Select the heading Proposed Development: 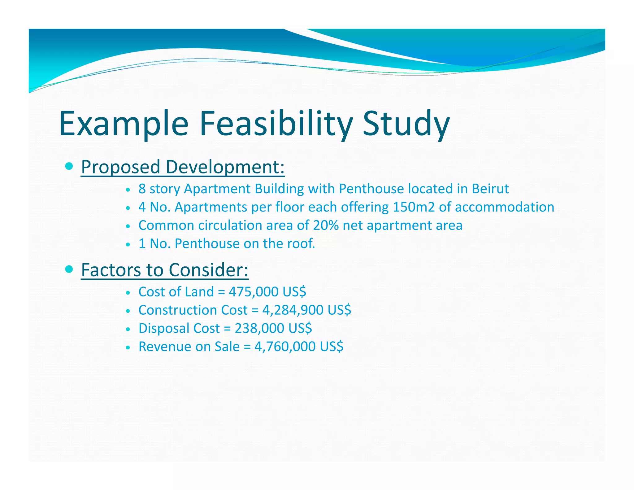coord(183,167)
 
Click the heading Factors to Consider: coord(164,270)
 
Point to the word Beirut coord(490,189)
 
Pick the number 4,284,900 coord(293,310)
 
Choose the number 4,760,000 coord(285,347)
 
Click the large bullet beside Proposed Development coord(69,166)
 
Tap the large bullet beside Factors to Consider coord(69,269)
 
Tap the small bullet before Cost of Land coord(128,293)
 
